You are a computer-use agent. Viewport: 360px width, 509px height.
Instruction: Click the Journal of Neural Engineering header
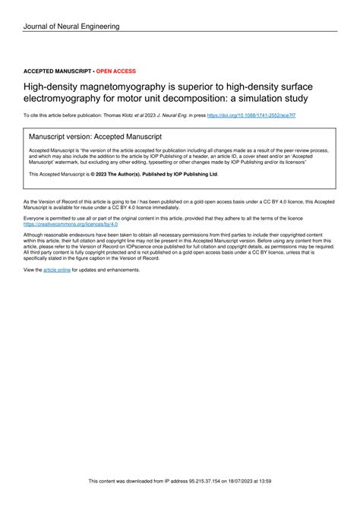(x=71, y=27)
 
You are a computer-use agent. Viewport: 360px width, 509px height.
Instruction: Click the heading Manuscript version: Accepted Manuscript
(x=94, y=138)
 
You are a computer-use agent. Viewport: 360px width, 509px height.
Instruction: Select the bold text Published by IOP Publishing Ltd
(x=176, y=174)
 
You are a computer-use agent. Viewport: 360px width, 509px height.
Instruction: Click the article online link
(x=56, y=270)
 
